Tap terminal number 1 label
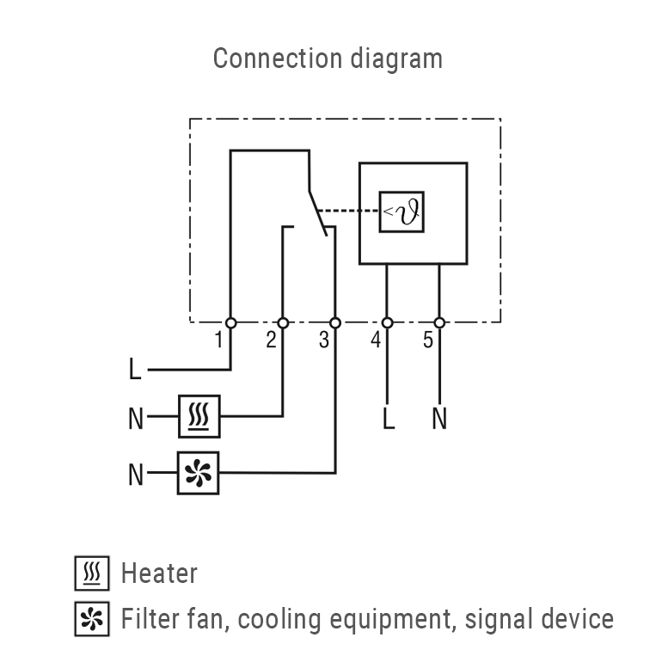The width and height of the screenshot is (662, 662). [220, 340]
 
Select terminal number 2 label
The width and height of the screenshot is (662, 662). [271, 340]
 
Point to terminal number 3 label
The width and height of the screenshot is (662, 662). [323, 340]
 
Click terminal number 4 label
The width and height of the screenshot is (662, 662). [376, 340]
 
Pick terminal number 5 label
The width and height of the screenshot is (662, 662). [428, 340]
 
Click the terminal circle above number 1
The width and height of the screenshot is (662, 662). [230, 322]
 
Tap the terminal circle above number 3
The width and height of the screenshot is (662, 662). [335, 322]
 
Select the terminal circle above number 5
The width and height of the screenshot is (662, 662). [439, 322]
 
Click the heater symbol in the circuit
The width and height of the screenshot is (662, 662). [199, 417]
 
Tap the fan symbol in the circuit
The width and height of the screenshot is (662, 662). [199, 473]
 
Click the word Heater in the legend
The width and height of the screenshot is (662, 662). [159, 573]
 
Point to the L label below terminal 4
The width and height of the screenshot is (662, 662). [389, 420]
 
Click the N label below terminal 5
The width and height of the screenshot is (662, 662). [439, 420]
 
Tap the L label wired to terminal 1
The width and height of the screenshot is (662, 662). [135, 371]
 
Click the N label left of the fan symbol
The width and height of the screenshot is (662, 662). [136, 474]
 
